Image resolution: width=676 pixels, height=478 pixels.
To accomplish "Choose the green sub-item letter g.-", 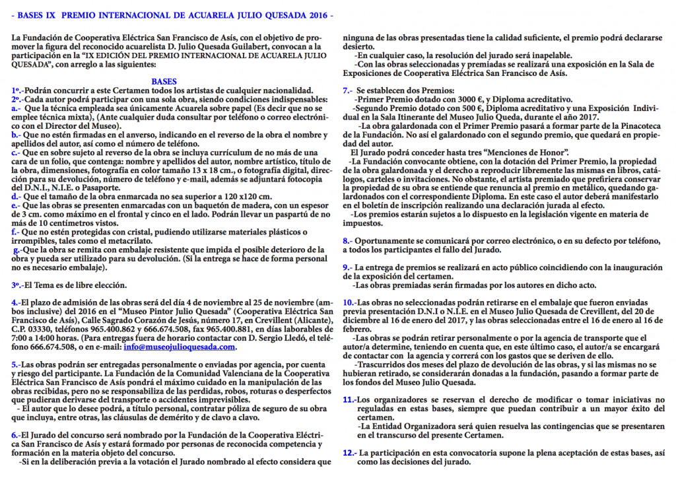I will (x=17, y=250).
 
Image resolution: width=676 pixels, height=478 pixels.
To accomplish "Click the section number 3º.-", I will (x=18, y=285).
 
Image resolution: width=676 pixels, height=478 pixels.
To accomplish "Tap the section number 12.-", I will (x=350, y=453).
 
